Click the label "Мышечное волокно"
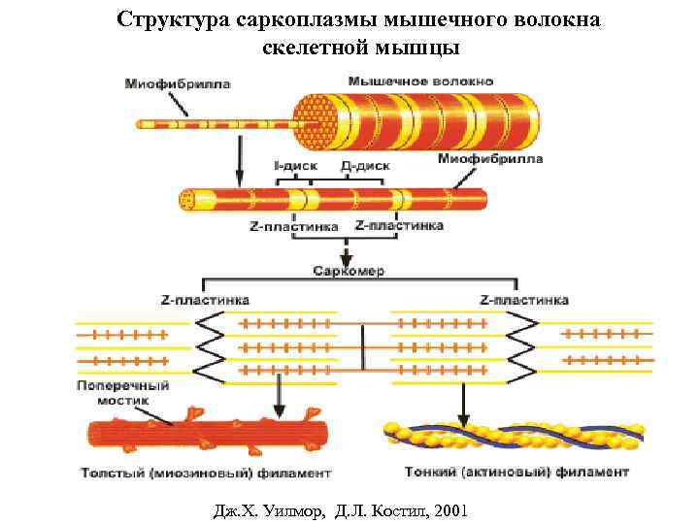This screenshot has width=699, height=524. pyautogui.click(x=420, y=81)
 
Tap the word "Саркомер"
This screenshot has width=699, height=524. pyautogui.click(x=349, y=271)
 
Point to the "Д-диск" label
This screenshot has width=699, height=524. pyautogui.click(x=365, y=166)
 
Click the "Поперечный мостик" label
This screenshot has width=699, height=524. pyautogui.click(x=122, y=393)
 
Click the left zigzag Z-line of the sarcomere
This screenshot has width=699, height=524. pyautogui.click(x=213, y=346)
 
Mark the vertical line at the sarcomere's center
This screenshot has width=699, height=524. pyautogui.click(x=363, y=346)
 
